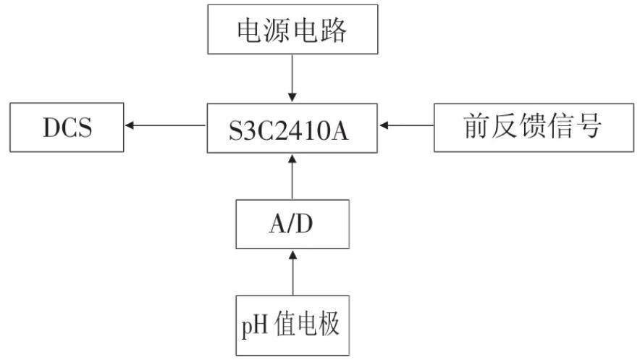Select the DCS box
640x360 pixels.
point(66,127)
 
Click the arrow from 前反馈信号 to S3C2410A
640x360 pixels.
point(407,126)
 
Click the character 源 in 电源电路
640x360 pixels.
point(274,30)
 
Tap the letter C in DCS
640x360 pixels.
point(66,128)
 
